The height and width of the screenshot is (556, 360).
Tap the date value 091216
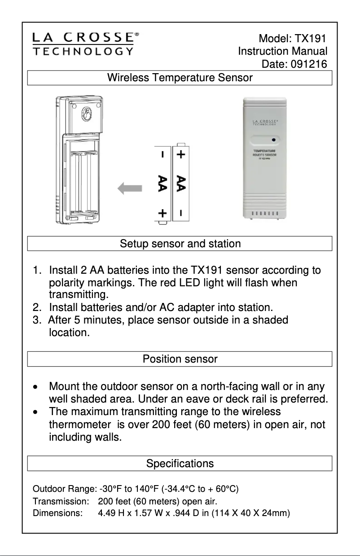[309, 64]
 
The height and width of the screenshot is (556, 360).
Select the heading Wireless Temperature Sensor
[180, 78]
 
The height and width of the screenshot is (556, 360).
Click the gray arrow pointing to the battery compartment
[130, 189]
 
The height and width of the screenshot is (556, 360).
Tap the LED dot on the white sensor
[273, 140]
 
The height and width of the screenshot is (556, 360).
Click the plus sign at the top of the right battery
[180, 155]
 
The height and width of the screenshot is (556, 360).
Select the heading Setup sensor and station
[180, 244]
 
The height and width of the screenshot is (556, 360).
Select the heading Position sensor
[180, 359]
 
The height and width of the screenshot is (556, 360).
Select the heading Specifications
[180, 463]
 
